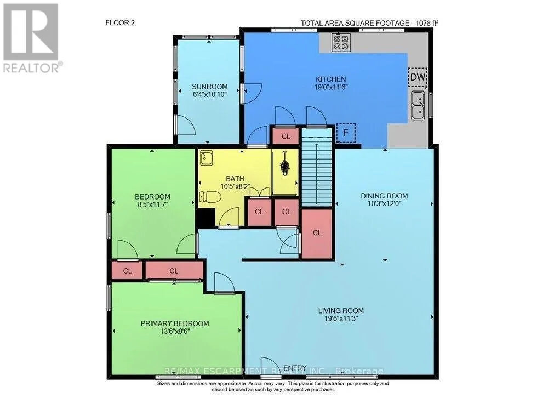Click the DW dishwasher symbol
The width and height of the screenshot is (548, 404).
[417, 77]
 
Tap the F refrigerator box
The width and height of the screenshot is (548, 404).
[346, 133]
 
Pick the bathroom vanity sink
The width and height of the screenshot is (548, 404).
[206, 158]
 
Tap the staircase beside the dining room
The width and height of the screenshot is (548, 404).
[317, 167]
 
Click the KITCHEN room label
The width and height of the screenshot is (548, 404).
[330, 79]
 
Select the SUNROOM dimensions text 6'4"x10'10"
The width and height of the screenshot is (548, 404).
[210, 94]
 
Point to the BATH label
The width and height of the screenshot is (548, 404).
[235, 179]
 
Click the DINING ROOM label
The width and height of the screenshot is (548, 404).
[384, 196]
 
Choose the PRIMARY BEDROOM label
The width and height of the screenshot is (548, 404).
[175, 323]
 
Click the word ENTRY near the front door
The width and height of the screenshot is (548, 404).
[295, 368]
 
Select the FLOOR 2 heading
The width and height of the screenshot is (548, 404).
[120, 22]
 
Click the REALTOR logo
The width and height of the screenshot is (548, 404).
[31, 38]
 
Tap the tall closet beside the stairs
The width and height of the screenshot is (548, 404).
[317, 234]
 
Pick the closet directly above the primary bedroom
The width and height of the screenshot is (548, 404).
[174, 270]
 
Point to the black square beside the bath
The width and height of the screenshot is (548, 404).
[206, 218]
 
